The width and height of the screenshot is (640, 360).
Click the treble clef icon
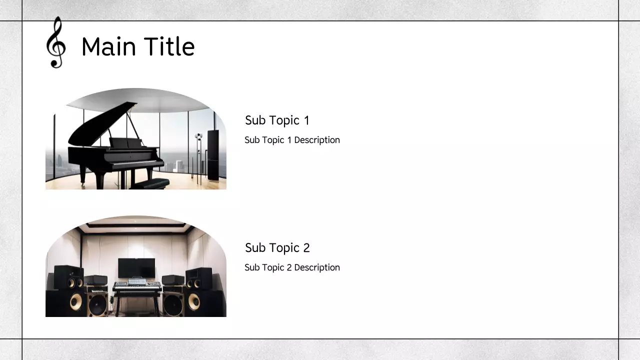coord(56,43)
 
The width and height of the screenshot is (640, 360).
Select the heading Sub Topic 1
coord(277,120)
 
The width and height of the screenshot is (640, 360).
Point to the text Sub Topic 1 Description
coord(292,140)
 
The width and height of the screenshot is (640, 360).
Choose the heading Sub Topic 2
coord(277,248)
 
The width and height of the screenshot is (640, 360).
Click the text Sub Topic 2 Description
coord(292,267)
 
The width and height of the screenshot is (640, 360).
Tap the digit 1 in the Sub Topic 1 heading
coord(306,120)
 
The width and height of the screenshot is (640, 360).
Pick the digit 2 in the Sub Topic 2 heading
coord(306,248)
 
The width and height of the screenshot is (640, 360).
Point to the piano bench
coord(150,183)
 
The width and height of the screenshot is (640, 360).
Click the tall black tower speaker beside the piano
coord(213,155)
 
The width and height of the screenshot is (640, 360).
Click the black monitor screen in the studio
coord(136,268)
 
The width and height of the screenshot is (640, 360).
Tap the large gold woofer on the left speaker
coord(76,301)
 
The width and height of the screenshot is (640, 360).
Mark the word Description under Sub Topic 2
coord(317,267)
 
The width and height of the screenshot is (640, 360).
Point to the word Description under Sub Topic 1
coord(317,140)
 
